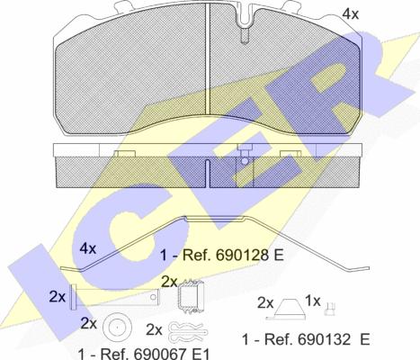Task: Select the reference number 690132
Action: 324,339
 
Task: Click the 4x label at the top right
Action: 351,13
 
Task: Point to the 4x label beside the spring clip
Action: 88,248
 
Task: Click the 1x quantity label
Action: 313,301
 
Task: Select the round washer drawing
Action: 117,328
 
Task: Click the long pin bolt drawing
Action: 114,297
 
